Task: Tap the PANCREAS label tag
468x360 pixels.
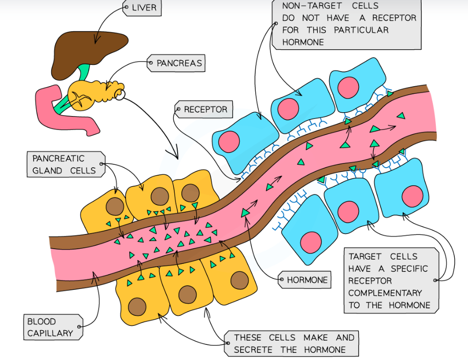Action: coord(176,63)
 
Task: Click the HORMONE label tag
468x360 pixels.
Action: coord(304,279)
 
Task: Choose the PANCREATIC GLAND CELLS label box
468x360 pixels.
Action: coord(64,165)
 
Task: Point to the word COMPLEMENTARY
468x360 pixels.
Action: coord(385,293)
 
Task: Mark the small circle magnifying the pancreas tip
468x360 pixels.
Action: coord(119,95)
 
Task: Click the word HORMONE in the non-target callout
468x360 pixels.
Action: coord(303,42)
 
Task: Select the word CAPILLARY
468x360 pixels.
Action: coord(50,333)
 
